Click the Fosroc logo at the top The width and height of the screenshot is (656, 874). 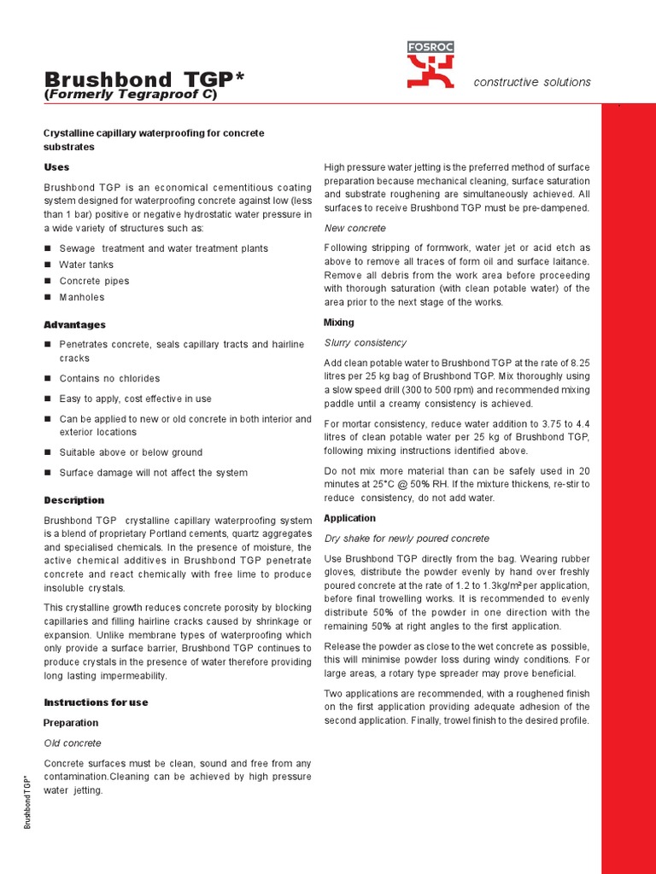[430, 65]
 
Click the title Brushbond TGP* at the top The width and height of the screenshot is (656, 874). [143, 79]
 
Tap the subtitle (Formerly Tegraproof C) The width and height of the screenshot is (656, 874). [131, 95]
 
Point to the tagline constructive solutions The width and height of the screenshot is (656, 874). [532, 82]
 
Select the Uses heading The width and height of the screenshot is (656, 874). [56, 167]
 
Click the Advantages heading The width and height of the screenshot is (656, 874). [74, 325]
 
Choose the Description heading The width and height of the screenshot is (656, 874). [73, 500]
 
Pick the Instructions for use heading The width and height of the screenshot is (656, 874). [96, 702]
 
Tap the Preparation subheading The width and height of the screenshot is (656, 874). [71, 723]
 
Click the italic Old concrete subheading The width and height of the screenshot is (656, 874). [72, 743]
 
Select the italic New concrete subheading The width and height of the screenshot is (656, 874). [354, 229]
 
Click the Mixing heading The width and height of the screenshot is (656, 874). [338, 323]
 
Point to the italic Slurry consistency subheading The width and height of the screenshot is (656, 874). [366, 342]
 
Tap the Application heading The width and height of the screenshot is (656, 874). [349, 518]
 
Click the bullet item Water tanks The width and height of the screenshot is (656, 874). [86, 265]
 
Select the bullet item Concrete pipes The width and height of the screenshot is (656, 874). [94, 281]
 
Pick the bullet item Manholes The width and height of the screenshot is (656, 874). [82, 297]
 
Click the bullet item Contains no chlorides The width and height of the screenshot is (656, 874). [109, 378]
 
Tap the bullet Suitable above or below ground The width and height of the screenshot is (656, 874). [131, 452]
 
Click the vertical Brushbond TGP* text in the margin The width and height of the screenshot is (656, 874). [27, 802]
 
